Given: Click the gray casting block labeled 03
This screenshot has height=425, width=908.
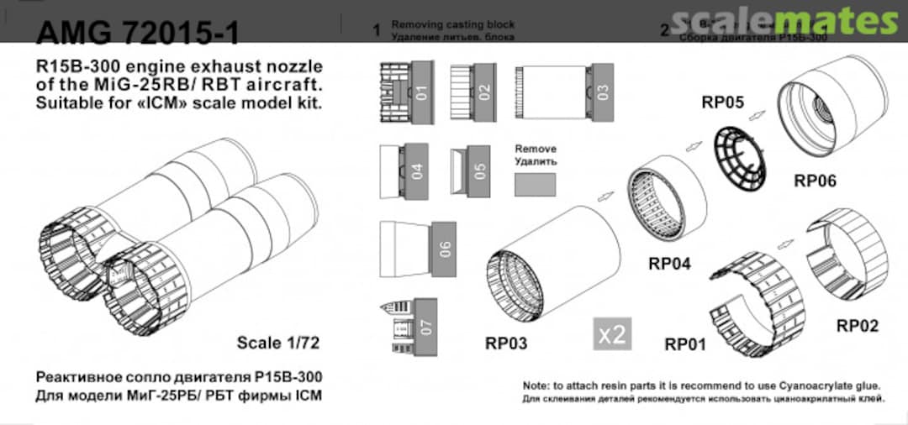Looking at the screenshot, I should click(602, 92).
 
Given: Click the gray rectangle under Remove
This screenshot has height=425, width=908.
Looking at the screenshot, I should click(535, 185).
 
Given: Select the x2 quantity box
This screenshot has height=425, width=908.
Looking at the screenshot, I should click(612, 333).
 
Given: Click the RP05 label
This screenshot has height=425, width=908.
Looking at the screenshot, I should click(723, 103).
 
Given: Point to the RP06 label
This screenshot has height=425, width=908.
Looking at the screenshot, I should click(815, 180).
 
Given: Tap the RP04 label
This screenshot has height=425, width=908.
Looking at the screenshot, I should click(669, 264).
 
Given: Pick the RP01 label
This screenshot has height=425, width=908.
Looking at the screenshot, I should click(685, 344).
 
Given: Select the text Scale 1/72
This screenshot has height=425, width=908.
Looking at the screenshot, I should click(279, 343).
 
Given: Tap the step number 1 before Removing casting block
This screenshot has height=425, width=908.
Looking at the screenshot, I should click(377, 31).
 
